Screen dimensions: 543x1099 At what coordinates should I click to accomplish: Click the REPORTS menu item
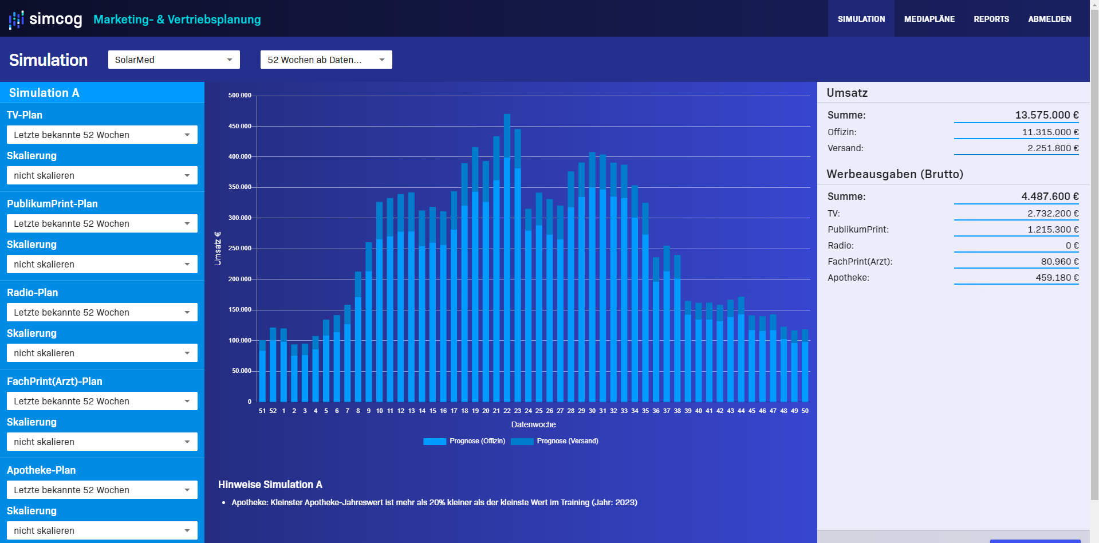(991, 19)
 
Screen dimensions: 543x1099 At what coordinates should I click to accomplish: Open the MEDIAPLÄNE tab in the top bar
(929, 19)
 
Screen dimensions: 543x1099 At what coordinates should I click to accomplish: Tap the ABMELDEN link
(1049, 19)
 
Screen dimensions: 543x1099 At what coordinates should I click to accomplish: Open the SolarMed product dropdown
(174, 60)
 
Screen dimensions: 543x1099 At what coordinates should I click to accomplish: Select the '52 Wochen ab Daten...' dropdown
(326, 60)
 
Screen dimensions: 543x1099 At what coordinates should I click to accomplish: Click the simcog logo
(46, 19)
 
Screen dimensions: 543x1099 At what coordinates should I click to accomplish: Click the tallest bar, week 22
(507, 258)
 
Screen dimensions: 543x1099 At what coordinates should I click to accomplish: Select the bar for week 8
(358, 338)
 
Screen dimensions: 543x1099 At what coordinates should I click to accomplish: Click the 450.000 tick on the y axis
(239, 126)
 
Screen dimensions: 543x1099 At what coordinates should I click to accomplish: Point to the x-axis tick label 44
(741, 411)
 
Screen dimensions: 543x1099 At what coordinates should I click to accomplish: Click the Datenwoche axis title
(533, 424)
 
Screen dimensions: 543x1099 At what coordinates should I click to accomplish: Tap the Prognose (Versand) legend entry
(554, 441)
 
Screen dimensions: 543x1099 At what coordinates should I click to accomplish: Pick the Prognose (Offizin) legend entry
(464, 441)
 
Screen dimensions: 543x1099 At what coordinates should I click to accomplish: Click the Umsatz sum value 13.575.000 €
(1046, 115)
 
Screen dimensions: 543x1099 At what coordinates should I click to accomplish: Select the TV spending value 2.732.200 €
(1053, 214)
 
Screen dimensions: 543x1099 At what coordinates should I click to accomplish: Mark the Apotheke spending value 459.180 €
(1057, 278)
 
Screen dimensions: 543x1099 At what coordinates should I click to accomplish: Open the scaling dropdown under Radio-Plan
(102, 353)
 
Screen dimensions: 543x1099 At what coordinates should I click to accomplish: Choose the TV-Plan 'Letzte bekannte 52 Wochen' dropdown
(102, 135)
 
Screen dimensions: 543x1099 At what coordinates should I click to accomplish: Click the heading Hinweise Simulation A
(270, 485)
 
